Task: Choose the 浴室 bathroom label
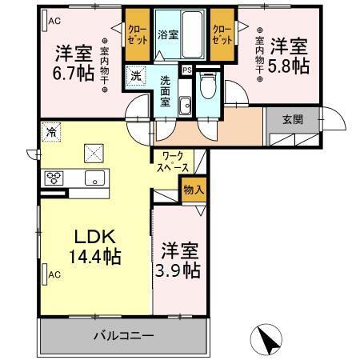(167, 35)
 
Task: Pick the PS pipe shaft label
(187, 70)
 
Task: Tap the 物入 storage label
(193, 190)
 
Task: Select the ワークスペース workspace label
(174, 162)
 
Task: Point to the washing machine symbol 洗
(136, 76)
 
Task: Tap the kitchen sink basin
(94, 178)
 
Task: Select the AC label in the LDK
(54, 274)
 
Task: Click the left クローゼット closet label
(135, 32)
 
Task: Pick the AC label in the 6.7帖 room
(54, 21)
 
